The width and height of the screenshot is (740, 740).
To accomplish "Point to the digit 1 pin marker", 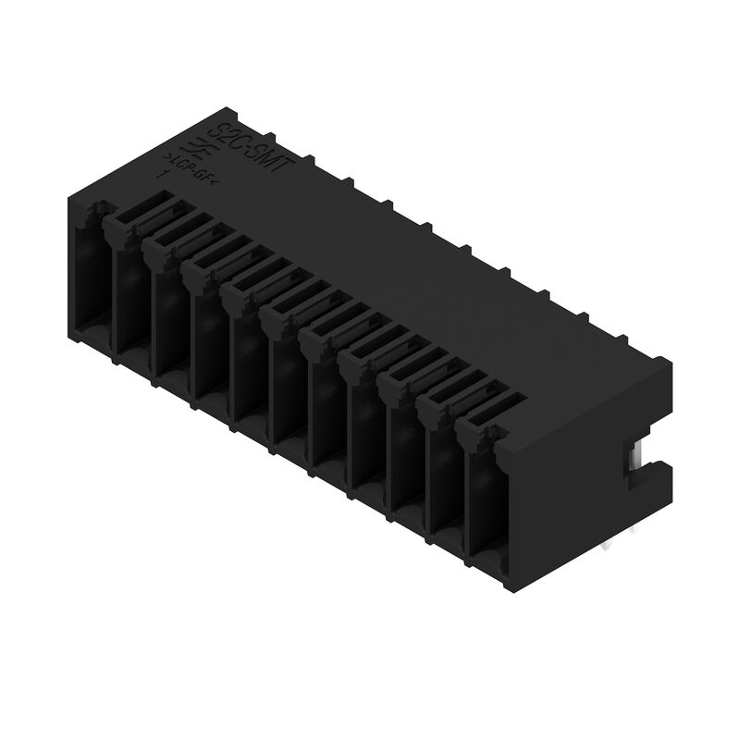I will click(x=163, y=173).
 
